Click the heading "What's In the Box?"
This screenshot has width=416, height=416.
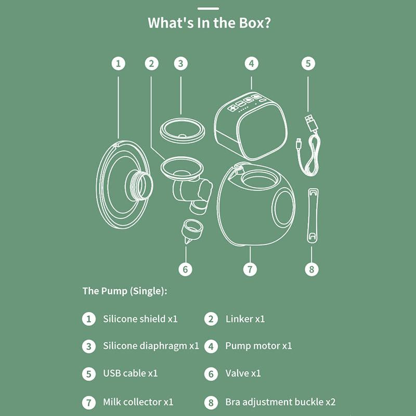coord(209,23)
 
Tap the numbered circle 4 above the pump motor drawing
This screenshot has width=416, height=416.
coord(252,63)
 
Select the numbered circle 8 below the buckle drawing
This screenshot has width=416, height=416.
coord(311,269)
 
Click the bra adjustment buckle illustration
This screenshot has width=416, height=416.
coord(313,216)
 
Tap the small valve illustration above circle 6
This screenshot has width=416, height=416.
coord(191,230)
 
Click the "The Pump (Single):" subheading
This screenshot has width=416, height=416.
coord(125,291)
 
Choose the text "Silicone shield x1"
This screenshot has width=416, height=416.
coord(140,319)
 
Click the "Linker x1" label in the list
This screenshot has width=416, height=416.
coord(245,319)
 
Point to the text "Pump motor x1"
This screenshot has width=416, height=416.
coord(258,346)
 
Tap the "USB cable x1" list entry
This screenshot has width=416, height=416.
coord(131,373)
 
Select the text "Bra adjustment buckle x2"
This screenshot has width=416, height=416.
coord(280,402)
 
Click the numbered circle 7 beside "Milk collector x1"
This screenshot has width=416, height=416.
coord(88,402)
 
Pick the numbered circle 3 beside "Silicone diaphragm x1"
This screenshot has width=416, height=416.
coord(88,346)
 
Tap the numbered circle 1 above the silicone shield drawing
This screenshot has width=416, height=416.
coord(119,63)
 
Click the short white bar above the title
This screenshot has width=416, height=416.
coord(209,8)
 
